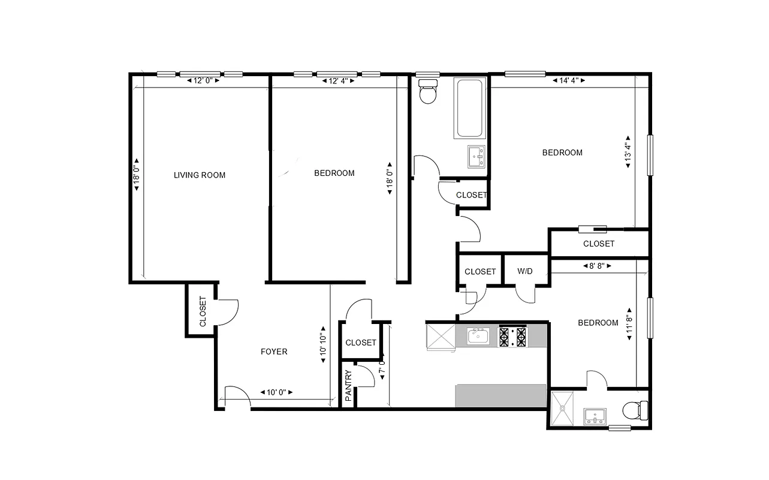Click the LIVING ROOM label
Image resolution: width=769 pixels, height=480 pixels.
point(200,175)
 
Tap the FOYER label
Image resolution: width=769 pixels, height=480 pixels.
point(274,352)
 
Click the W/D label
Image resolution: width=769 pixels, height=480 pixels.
point(525,271)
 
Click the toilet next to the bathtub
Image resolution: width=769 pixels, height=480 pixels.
point(428,92)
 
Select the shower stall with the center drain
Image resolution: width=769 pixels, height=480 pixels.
point(563,408)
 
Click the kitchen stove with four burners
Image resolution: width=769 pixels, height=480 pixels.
point(513,336)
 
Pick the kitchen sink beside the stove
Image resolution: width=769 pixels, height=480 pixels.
point(478,336)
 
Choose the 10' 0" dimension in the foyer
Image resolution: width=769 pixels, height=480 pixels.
point(276,392)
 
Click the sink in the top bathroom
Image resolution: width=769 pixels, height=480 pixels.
point(477,157)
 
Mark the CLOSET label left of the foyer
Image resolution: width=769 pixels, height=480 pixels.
point(203,311)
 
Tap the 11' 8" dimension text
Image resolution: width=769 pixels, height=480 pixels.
point(629,328)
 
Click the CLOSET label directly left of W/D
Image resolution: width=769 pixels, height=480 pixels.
point(480,272)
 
